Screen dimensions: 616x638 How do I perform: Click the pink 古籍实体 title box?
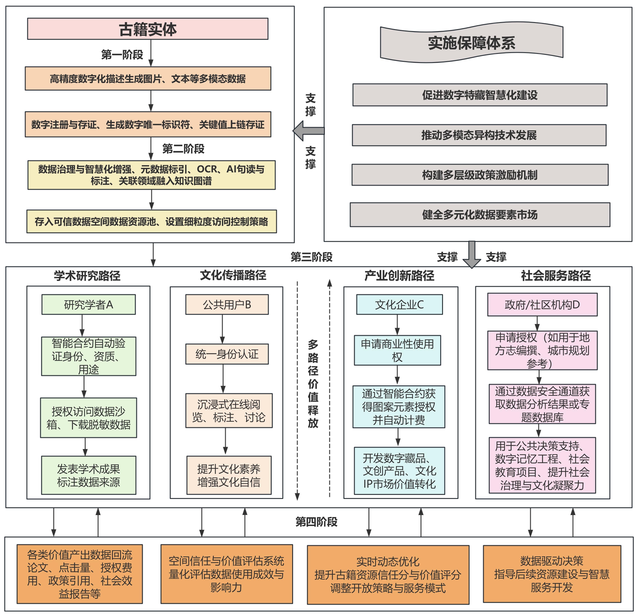[x=148, y=29]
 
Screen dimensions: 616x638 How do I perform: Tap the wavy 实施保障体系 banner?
[x=471, y=43]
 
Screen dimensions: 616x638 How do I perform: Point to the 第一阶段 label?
[x=122, y=55]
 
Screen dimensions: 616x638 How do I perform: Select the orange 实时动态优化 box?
[x=388, y=575]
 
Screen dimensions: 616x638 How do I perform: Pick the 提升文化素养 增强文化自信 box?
[x=229, y=476]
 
